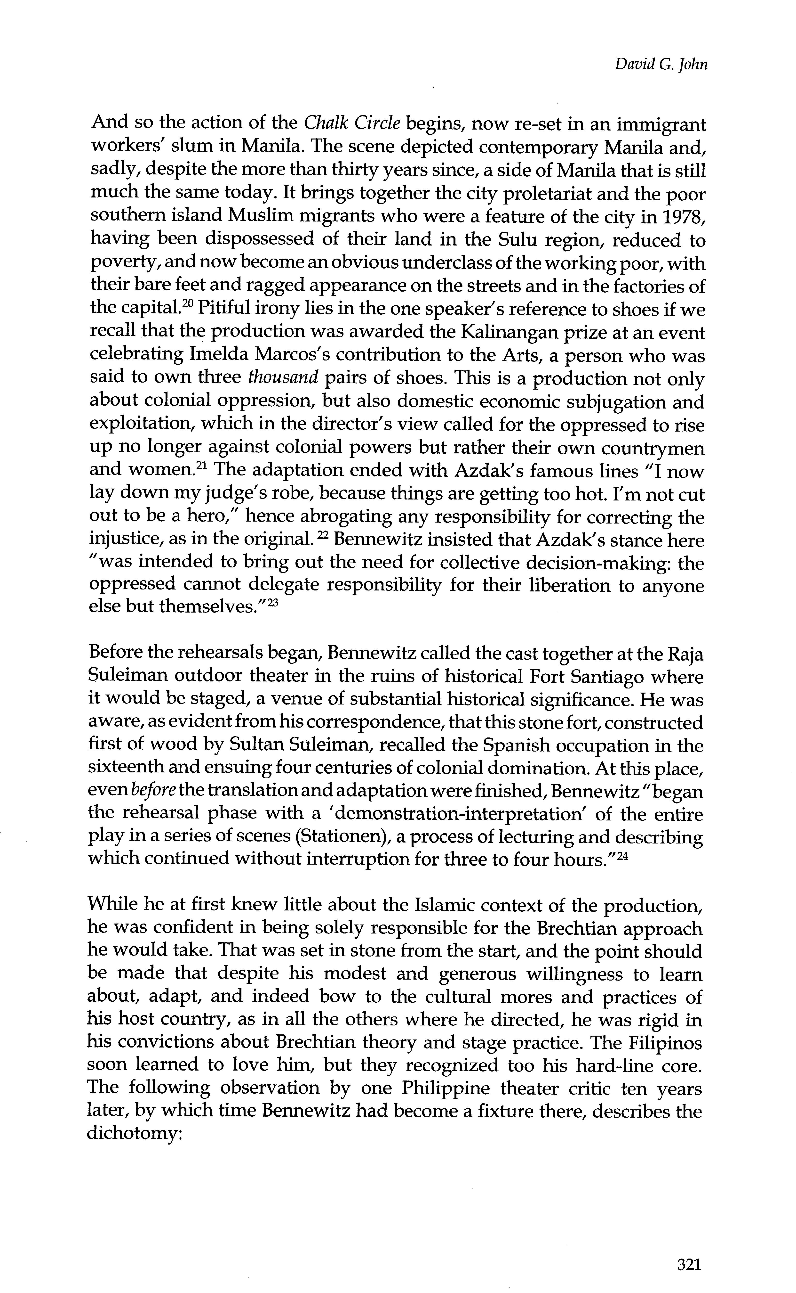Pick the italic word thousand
click(x=283, y=378)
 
